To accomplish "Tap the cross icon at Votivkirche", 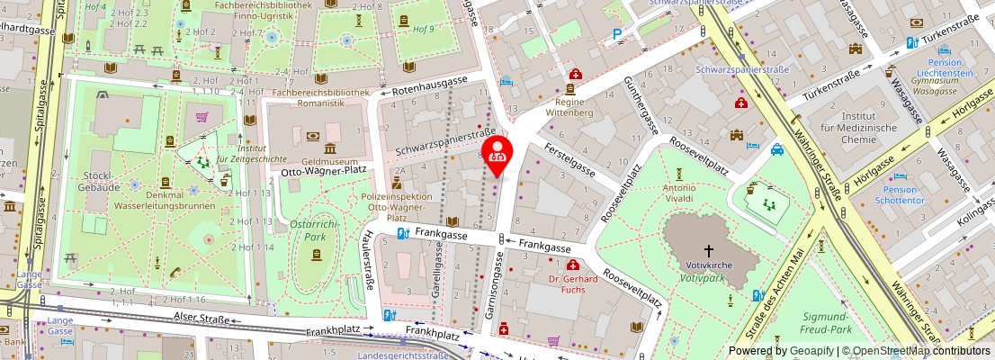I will click(x=708, y=251).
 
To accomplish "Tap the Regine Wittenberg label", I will click(x=570, y=108).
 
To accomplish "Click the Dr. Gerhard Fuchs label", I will click(x=572, y=283).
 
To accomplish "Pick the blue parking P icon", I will click(x=616, y=36).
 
